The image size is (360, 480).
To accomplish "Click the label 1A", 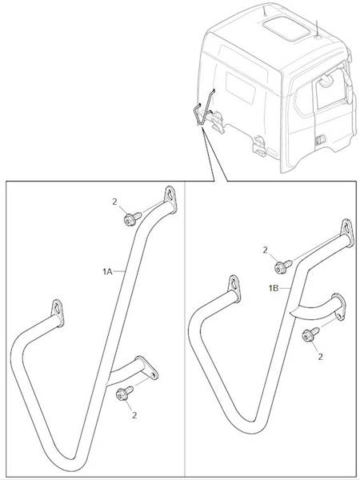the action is (107, 271).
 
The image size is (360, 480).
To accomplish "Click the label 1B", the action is (274, 288).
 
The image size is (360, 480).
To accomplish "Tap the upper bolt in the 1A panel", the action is (132, 219).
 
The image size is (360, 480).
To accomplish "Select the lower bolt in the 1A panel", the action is (124, 394).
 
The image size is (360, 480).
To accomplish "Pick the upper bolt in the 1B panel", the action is (283, 266).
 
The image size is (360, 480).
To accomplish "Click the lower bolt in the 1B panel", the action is (310, 334).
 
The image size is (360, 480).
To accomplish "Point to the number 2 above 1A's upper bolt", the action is (114, 202).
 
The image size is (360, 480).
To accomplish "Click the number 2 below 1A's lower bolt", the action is (134, 415).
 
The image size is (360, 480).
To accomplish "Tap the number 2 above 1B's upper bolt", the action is (265, 250).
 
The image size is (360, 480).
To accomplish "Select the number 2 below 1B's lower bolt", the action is (320, 357).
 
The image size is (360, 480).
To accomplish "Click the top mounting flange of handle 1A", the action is (170, 199).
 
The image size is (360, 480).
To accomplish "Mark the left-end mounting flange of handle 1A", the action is (58, 312).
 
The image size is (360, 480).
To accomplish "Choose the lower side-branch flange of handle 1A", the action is (146, 367).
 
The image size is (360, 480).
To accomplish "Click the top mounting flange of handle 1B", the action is (347, 233).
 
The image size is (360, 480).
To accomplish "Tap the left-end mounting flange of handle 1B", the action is (234, 288).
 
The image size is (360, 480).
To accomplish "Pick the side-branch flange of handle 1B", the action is (339, 306).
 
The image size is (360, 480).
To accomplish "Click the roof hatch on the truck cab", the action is (286, 29).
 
